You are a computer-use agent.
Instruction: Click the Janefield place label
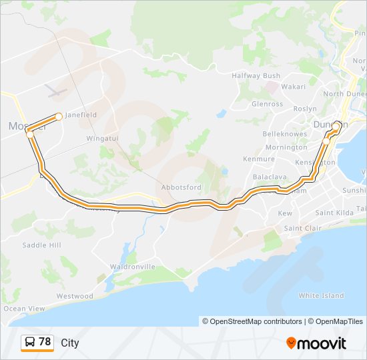80,115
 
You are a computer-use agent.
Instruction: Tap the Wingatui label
102,139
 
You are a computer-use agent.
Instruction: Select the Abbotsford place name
181,187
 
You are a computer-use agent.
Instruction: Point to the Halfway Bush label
256,76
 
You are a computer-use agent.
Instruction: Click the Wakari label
293,87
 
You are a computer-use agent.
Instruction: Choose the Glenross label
267,104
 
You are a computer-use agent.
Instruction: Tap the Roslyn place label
305,109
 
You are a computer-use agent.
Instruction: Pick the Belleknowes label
285,134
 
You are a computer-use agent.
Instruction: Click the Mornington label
286,147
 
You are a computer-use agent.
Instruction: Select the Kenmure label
259,159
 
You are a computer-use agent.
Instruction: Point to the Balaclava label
269,177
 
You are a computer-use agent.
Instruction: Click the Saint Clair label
303,228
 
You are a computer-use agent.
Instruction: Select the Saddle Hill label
41,245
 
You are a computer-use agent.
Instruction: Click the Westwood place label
75,296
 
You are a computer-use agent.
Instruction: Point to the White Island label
321,295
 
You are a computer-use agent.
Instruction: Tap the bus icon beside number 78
29,343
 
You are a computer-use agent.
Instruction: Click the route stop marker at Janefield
59,117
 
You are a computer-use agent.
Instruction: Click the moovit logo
316,343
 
